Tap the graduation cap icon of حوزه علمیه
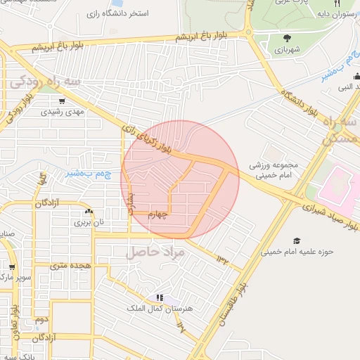296,240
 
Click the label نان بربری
89,221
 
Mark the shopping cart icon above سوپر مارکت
12,266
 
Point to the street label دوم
42,319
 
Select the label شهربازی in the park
287,51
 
